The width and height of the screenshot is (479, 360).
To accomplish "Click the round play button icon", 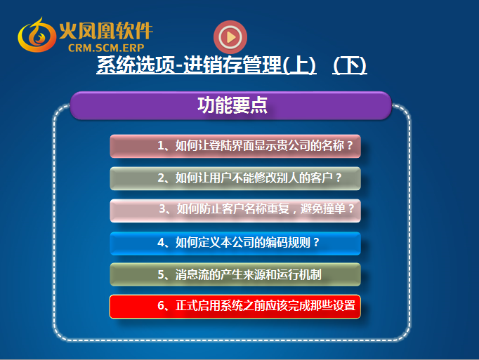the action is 230,37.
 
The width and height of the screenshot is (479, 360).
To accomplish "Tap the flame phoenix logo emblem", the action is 37,35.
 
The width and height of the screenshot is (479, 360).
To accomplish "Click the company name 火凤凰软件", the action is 106,31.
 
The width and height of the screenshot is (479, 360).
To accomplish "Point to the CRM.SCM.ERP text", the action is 106,48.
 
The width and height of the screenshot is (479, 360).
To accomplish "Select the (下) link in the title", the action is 350,65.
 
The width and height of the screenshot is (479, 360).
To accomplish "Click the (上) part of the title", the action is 299,65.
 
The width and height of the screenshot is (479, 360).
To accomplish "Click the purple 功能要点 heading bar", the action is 230,105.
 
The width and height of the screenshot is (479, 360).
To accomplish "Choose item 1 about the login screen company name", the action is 235,146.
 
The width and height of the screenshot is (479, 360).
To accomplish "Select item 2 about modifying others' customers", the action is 235,178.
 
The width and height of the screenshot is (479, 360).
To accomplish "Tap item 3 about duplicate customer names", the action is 235,211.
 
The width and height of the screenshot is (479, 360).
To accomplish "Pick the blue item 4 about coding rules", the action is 235,244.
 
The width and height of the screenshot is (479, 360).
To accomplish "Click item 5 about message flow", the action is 235,274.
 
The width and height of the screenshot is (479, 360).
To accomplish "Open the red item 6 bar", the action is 235,307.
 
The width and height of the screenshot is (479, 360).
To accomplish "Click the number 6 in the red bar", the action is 161,306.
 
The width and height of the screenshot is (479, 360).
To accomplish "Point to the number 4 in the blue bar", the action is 161,242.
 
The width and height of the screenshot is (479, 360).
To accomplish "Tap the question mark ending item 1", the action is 350,146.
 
